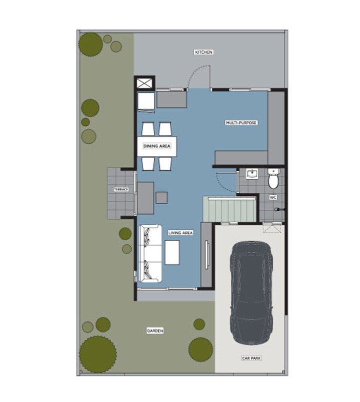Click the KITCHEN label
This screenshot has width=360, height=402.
203,52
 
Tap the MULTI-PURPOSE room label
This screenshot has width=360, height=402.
241,123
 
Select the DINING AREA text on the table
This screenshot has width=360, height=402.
157,146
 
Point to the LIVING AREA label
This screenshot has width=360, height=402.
180,233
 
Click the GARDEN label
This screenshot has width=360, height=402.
155,331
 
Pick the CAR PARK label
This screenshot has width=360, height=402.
251,358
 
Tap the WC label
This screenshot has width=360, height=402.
273,198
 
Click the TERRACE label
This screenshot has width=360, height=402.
121,189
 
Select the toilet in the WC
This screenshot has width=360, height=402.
273,179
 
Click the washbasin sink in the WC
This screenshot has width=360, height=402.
252,174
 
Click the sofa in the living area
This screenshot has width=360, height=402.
150,254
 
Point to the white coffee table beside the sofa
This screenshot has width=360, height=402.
172,253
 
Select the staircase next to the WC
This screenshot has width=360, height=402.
230,209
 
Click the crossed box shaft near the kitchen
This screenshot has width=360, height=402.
144,83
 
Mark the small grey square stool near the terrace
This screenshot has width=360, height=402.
162,198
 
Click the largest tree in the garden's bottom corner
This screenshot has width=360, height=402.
97,355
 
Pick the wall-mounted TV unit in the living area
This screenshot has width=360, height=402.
207,255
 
